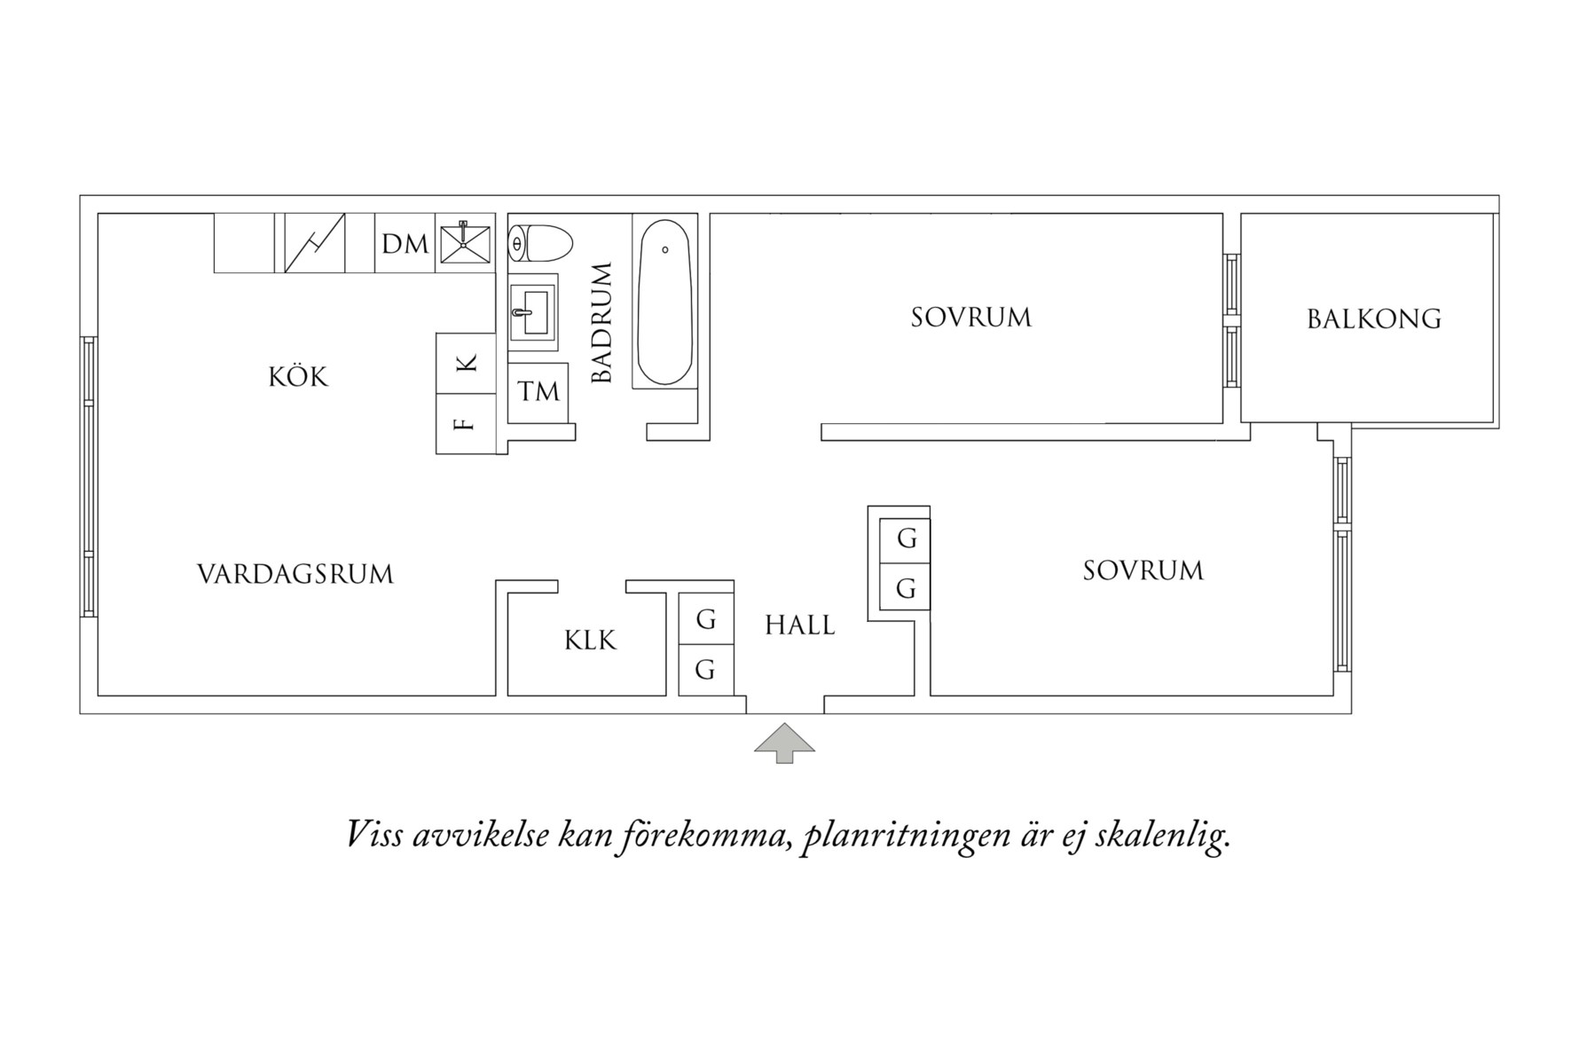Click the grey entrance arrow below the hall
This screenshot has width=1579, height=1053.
pos(784,743)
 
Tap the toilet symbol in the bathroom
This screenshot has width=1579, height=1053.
pos(540,242)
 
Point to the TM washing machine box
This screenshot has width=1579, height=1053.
pos(538,391)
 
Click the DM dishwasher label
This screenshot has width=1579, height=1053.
pos(405,244)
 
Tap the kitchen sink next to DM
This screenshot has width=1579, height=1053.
pos(464,242)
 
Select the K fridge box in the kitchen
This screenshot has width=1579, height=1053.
pos(466,363)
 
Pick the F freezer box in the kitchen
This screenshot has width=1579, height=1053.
pos(465,424)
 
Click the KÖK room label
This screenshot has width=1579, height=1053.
pos(298,377)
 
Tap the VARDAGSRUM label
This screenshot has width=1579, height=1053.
pos(295,575)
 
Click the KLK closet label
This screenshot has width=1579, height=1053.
pos(590,640)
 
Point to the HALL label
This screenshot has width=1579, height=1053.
pos(799,625)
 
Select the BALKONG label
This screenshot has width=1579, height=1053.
pos(1373,318)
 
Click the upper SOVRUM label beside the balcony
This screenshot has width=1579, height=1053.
pos(970,318)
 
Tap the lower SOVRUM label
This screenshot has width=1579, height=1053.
pos(1143,570)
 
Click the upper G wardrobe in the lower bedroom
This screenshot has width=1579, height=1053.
pos(905,538)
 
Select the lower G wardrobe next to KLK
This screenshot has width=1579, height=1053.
pos(706,669)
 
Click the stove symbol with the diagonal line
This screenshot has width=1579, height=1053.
pos(314,243)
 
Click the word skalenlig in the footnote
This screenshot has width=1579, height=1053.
pos(1162,836)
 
